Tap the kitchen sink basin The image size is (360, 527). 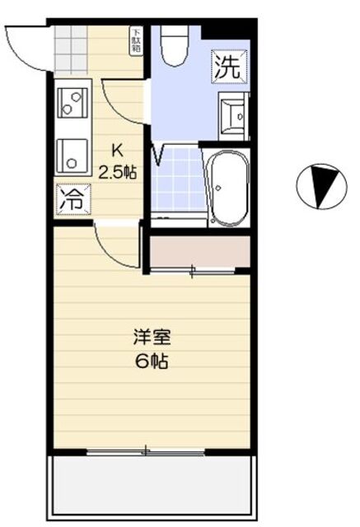pos(72,154)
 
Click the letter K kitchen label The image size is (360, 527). pos(117,151)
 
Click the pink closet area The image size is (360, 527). pos(199,251)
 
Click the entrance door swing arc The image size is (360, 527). pos(25,45)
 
